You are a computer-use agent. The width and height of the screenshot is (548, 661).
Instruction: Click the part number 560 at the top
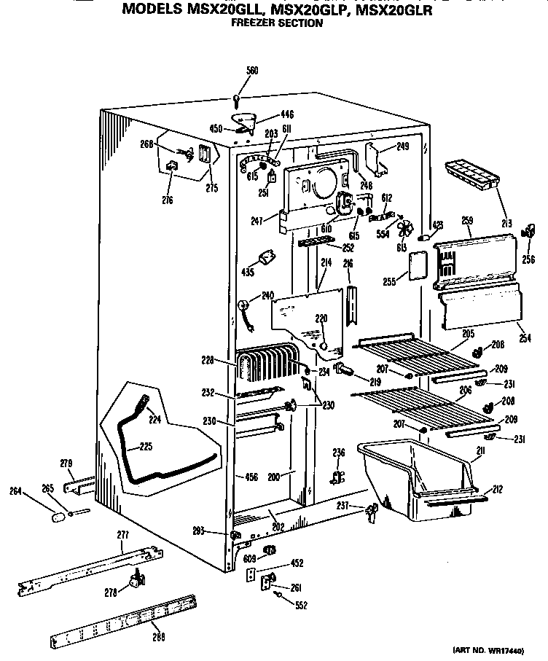(252, 71)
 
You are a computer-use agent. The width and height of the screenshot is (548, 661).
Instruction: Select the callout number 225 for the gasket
(146, 446)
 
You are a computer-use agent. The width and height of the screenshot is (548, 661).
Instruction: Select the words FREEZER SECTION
(276, 23)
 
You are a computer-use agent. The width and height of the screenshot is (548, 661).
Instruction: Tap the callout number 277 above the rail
(122, 535)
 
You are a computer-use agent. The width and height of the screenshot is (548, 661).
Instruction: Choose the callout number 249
(402, 146)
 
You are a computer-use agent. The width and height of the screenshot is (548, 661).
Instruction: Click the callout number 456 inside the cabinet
(251, 477)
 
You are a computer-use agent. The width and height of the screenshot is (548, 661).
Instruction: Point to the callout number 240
(267, 295)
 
